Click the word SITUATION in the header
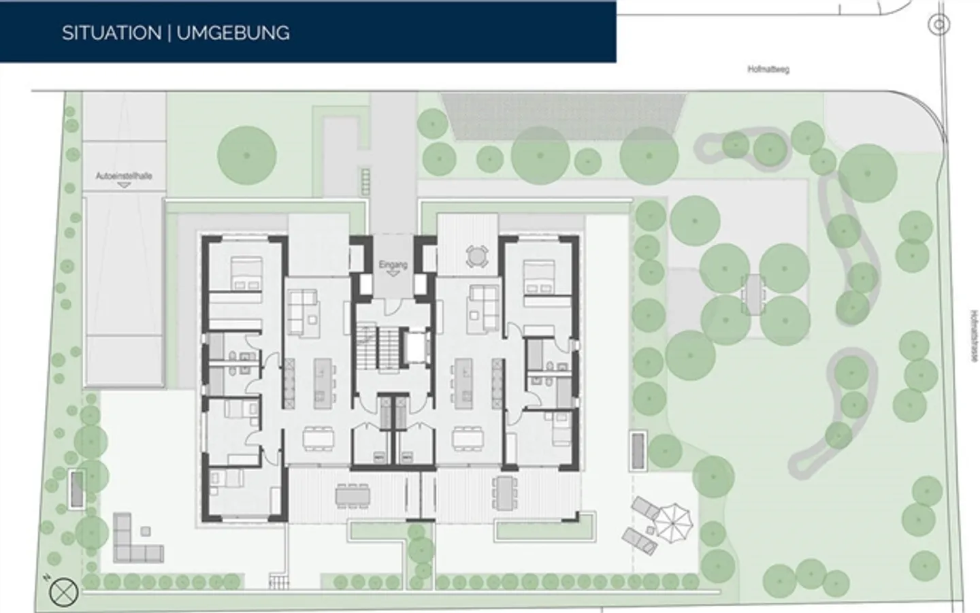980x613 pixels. pyautogui.click(x=111, y=33)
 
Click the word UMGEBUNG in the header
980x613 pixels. pyautogui.click(x=233, y=33)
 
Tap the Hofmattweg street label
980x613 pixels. pyautogui.click(x=768, y=69)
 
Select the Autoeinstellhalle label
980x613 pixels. pyautogui.click(x=123, y=176)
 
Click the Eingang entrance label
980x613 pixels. pyautogui.click(x=392, y=264)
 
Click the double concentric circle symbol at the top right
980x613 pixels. pyautogui.click(x=939, y=25)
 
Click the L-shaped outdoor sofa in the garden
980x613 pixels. pyautogui.click(x=133, y=541)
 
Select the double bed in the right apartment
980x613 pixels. pyautogui.click(x=541, y=276)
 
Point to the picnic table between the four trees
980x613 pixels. pyautogui.click(x=754, y=294)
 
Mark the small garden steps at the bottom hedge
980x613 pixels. pyautogui.click(x=279, y=582)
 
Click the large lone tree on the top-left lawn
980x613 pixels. pyautogui.click(x=246, y=155)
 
